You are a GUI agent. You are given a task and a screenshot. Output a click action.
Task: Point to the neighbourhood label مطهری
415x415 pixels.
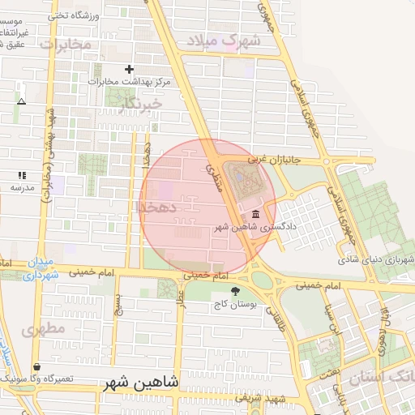pyautogui.click(x=43, y=331)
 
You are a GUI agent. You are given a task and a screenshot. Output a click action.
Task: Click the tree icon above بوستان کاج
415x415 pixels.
pyautogui.click(x=235, y=292)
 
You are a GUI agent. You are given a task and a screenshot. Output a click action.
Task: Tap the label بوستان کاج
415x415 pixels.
pyautogui.click(x=235, y=305)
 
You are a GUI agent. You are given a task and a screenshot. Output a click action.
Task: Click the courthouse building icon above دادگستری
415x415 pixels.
pyautogui.click(x=256, y=214)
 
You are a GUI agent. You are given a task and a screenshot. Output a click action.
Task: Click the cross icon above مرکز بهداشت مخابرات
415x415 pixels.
pyautogui.click(x=129, y=69)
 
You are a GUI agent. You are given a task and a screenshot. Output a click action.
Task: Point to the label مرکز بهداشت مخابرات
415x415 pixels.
pyautogui.click(x=121, y=82)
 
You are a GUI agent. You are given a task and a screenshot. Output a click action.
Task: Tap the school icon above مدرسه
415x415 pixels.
pyautogui.click(x=22, y=174)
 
